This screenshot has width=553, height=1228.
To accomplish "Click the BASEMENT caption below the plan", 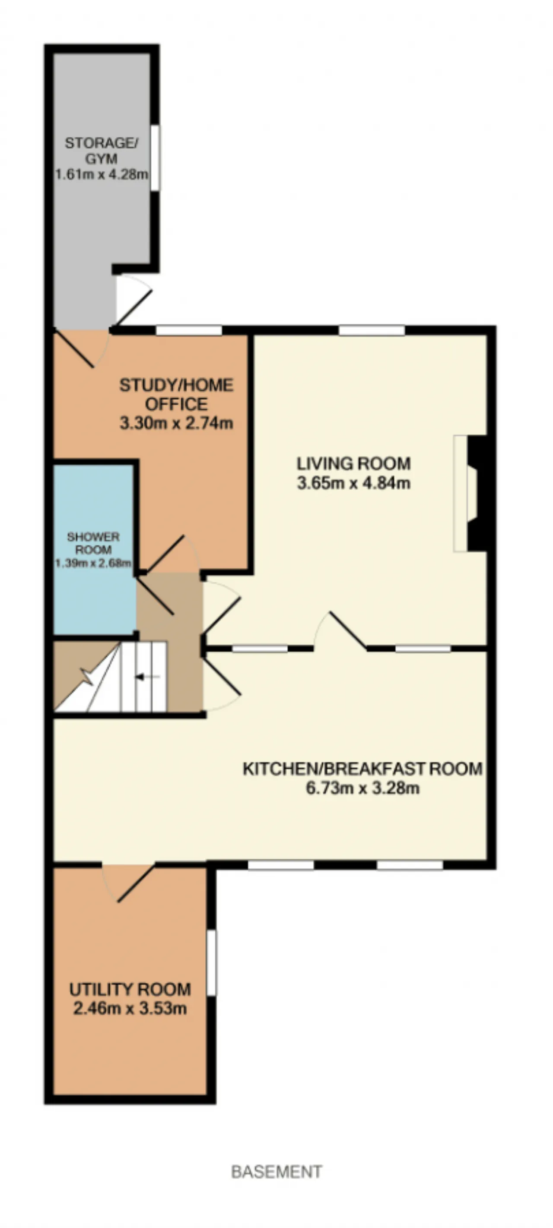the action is pos(276,1171).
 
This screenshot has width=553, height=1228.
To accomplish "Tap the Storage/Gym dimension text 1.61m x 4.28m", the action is pos(102,174).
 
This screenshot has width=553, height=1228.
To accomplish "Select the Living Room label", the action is pos(353,463).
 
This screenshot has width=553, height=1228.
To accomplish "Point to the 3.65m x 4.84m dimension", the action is pos(353,483).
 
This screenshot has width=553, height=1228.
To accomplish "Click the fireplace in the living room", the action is pos(470,494).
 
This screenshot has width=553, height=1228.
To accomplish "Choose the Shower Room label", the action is pos(93,543).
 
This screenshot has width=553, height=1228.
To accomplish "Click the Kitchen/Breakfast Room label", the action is pos(362,769).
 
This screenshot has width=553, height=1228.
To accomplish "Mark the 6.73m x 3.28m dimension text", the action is pos(362,788).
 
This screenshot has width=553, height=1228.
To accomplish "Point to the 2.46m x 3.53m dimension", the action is pos(130,1008).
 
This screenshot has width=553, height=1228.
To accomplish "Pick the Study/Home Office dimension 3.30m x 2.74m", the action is pos(176,423).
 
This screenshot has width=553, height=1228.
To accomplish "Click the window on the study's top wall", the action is pos(189,330).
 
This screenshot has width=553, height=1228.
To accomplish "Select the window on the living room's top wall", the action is pos(372,330).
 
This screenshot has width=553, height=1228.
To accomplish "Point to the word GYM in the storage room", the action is pos(101,159).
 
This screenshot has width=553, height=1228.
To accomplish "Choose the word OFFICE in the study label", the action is pos(176,404).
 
